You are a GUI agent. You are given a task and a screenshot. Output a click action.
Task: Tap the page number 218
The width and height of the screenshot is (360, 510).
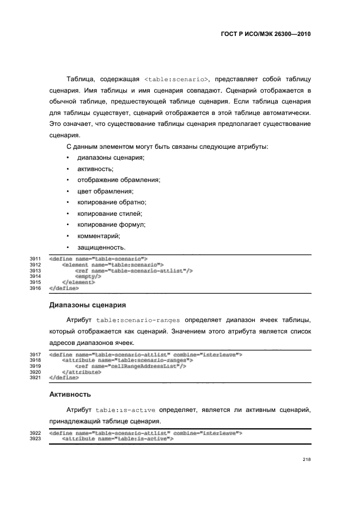point(307,459)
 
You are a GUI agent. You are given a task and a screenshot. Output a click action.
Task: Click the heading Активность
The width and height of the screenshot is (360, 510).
point(71,393)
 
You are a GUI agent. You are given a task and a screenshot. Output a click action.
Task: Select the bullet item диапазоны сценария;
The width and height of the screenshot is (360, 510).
point(111,157)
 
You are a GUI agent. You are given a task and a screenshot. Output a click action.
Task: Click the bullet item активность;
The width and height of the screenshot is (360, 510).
point(95,169)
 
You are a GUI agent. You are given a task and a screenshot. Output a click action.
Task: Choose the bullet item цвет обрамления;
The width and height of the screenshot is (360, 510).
point(105,191)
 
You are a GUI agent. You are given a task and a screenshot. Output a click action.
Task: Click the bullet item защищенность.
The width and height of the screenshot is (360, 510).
point(102,247)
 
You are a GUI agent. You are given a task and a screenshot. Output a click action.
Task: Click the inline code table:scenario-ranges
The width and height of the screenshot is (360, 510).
point(138,319)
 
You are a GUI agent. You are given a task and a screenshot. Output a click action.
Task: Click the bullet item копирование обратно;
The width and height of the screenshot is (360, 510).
point(112,202)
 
